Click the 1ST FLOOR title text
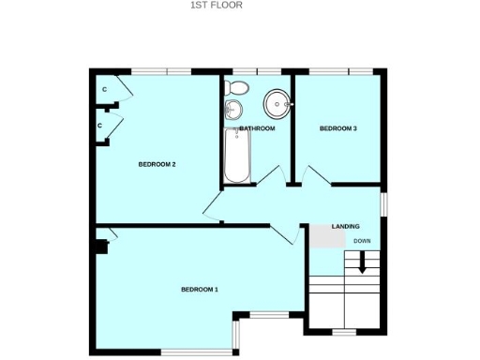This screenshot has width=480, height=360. point(216,5)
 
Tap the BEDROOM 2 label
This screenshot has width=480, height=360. point(157,164)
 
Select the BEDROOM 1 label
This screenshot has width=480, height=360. point(199,290)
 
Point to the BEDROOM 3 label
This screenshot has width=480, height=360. point(337,128)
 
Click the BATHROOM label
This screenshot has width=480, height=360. point(257,128)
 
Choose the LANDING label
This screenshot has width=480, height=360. point(345,227)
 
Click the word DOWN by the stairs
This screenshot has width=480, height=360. point(362,241)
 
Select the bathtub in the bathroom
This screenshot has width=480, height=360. point(235,156)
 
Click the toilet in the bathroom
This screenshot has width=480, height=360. point(238,88)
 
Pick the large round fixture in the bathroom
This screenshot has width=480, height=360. point(277,101)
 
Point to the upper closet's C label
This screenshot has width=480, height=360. point(104,90)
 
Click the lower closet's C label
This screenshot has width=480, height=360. point(99,125)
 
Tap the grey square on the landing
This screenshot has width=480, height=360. point(327,236)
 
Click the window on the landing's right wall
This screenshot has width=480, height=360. point(382,203)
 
